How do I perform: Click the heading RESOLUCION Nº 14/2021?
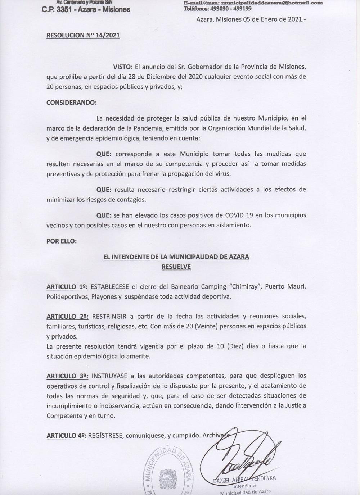tap(83, 35)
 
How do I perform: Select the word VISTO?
tap(123, 67)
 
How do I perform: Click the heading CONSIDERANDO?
tap(71, 102)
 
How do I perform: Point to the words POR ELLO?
tap(61, 241)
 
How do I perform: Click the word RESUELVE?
tap(176, 267)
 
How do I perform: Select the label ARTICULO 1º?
tap(67, 287)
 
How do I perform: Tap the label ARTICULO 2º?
tap(67, 317)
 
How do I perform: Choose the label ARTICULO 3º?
tap(67, 376)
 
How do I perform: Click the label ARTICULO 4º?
tap(67, 436)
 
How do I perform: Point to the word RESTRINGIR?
tap(109, 317)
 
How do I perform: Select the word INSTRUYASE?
tap(110, 376)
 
